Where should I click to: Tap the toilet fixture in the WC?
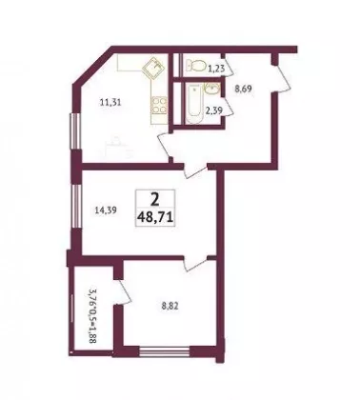tap(195, 66)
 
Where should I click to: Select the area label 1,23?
tap(216, 69)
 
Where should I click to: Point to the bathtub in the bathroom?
tap(193, 104)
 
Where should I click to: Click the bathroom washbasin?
tap(210, 89)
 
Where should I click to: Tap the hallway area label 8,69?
tap(243, 90)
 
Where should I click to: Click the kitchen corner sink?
tap(153, 67)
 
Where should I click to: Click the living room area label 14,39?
tap(107, 210)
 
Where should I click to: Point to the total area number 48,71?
tap(155, 217)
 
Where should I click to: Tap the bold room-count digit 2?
tap(155, 200)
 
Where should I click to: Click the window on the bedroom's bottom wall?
tap(165, 351)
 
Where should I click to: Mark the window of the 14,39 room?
tap(75, 206)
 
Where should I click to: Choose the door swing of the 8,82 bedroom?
tap(195, 264)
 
